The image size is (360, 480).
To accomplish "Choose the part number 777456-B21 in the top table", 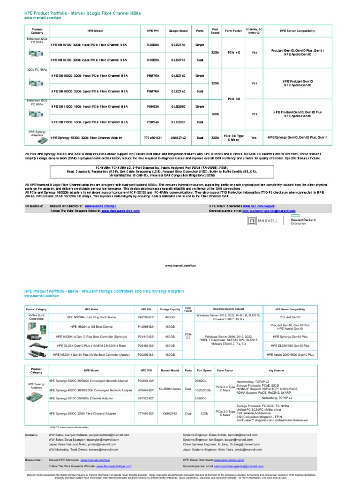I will click(153, 138).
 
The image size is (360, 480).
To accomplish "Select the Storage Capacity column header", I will click(167, 309).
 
